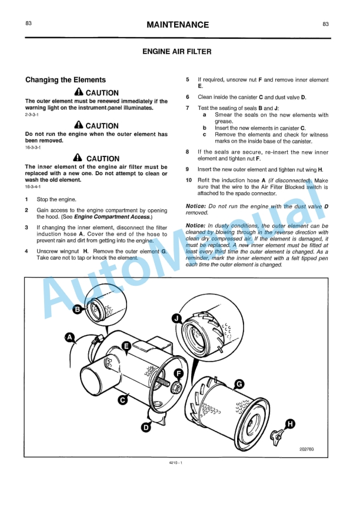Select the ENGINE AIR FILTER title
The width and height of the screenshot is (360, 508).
tap(177, 52)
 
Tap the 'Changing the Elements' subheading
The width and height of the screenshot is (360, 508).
tap(65, 79)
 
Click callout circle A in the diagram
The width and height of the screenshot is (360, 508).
tap(69, 337)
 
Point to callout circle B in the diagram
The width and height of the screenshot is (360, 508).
tap(78, 310)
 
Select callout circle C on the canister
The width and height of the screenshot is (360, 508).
tap(123, 400)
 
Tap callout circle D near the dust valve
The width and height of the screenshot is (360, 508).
tap(146, 427)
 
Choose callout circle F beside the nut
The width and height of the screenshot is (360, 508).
tap(179, 373)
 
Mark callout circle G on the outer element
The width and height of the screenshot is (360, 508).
tap(239, 384)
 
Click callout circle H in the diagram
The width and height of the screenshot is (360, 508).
tap(290, 423)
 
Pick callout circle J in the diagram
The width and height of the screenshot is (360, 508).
tap(176, 318)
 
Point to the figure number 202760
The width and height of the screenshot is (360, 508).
tap(306, 449)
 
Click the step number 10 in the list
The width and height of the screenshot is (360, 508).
tap(188, 180)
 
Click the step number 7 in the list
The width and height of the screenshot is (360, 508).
tap(188, 108)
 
